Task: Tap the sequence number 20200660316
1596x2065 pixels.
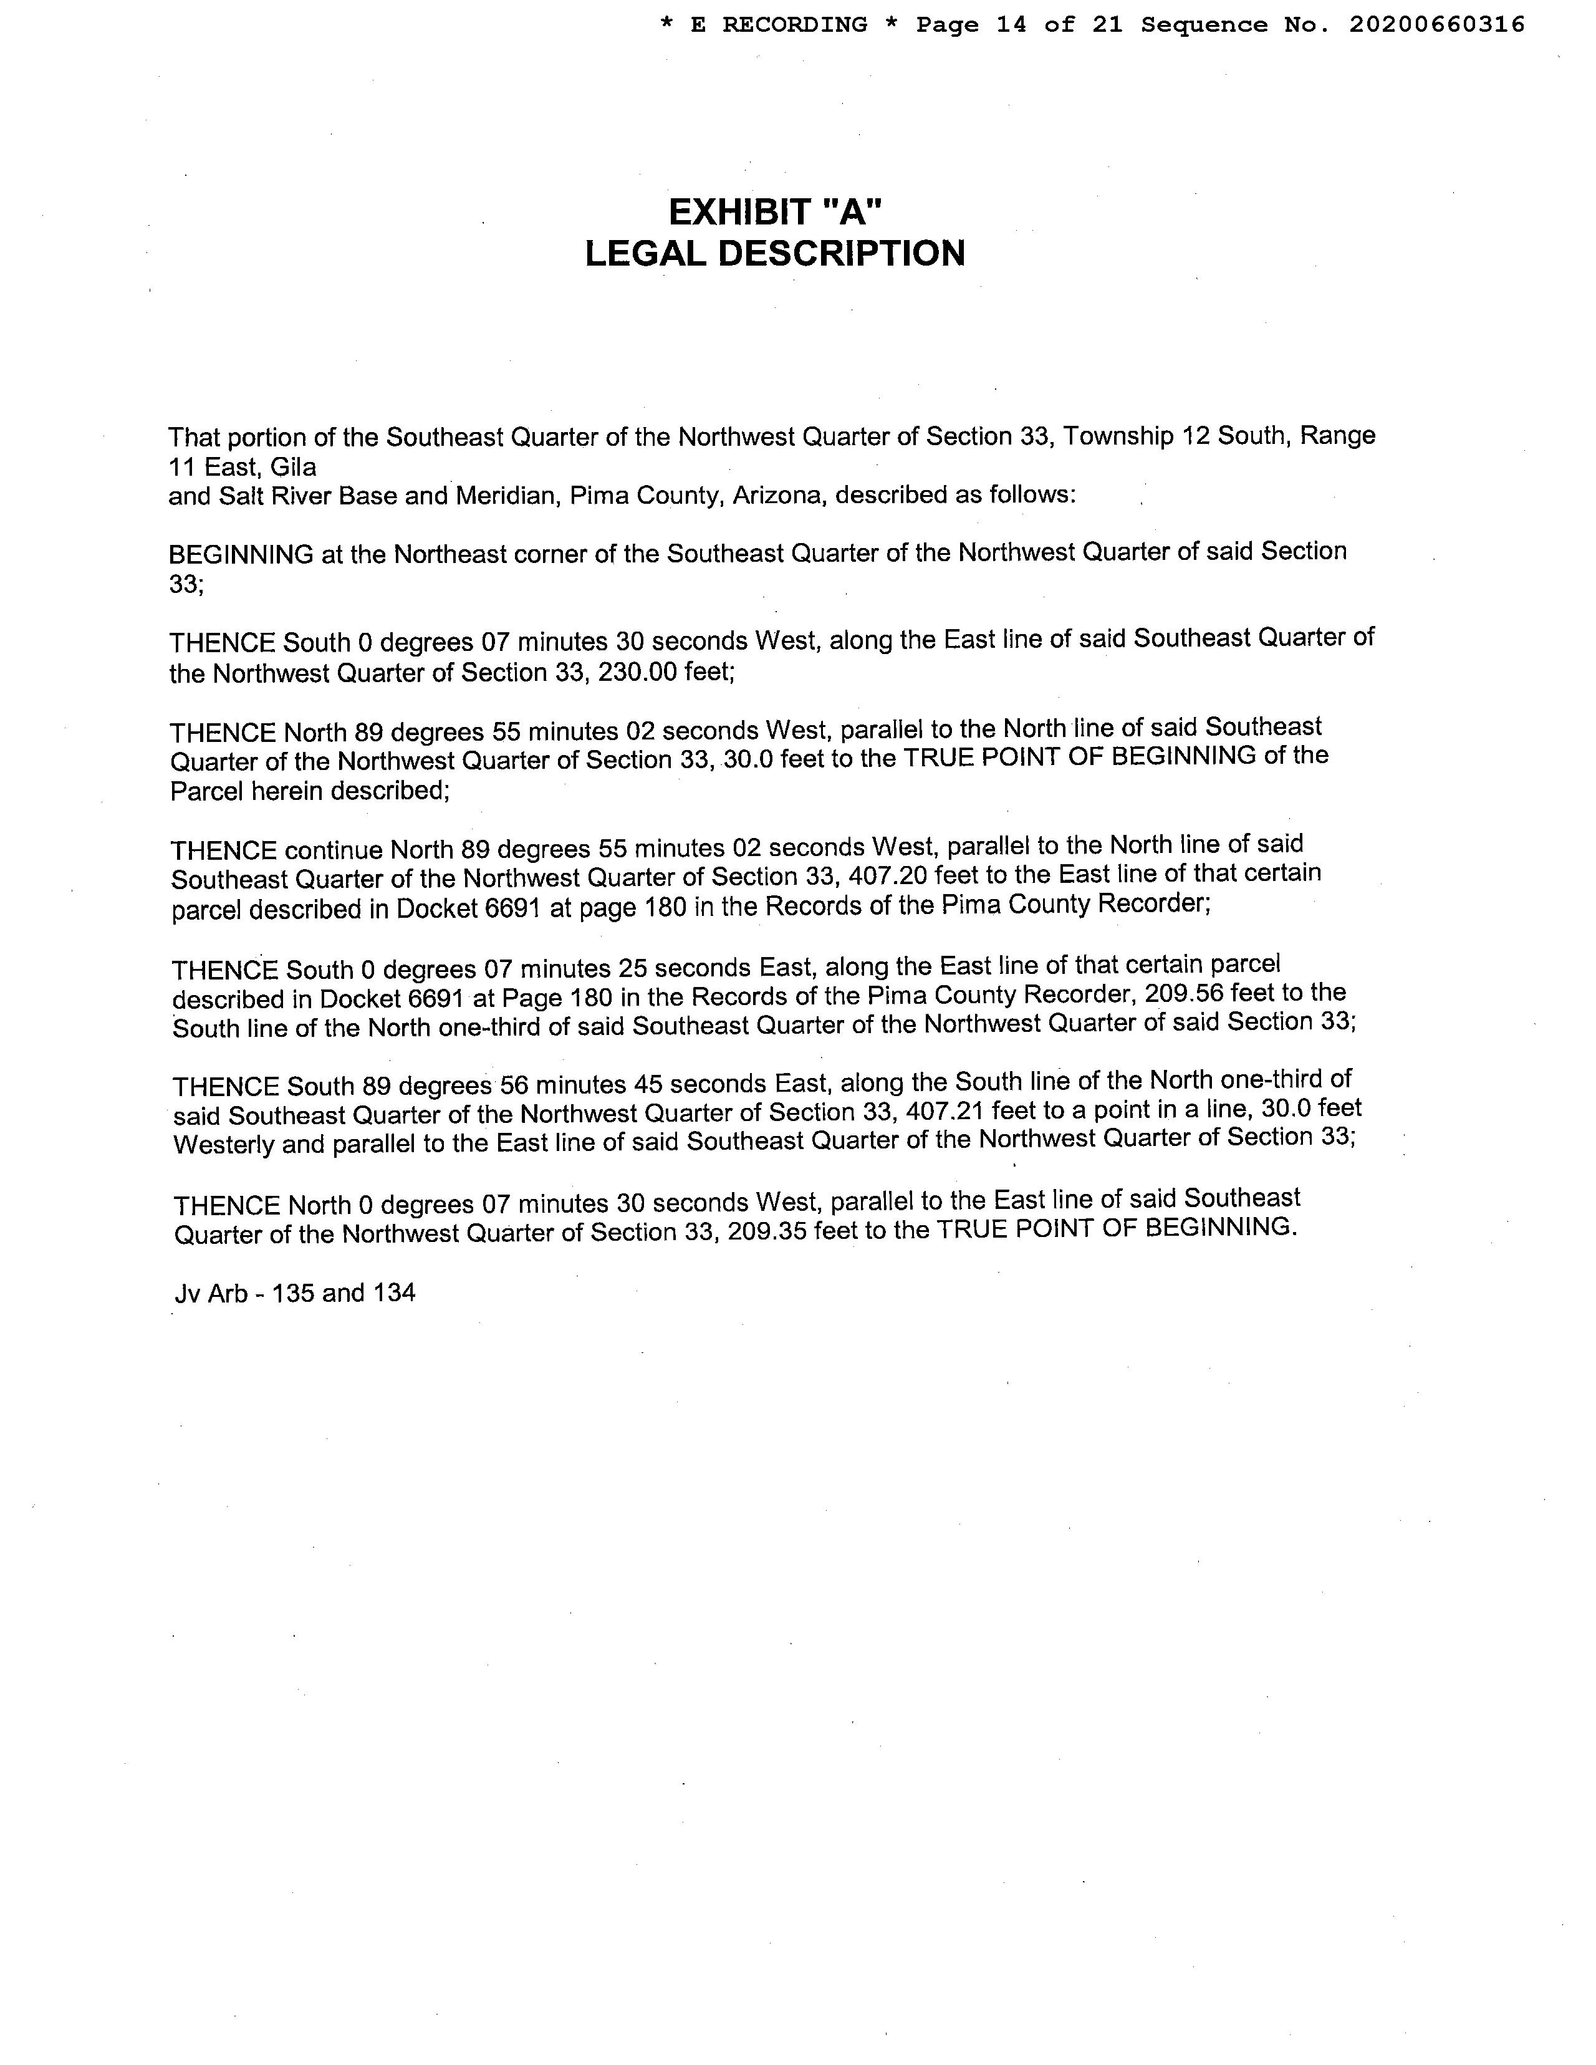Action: coord(1436,24)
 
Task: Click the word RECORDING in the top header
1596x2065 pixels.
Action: coord(794,24)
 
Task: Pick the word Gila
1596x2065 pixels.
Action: coord(293,466)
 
